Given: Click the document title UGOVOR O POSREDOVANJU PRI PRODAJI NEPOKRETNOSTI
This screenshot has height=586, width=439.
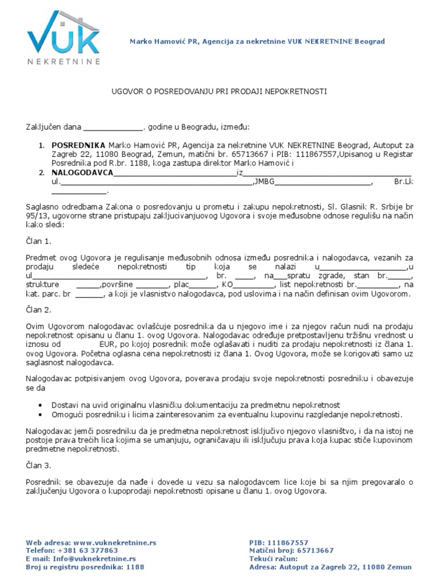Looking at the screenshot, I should tap(218, 92).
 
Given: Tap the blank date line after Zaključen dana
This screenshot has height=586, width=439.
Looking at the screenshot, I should tap(113, 128).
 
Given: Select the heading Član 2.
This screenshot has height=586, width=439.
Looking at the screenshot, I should tap(39, 310).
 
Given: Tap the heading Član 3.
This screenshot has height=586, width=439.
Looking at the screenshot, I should tap(39, 466).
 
